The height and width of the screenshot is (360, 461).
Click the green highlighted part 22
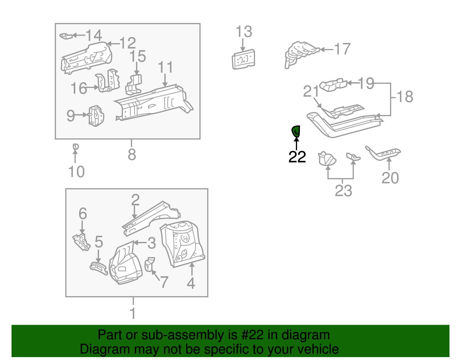(x=296, y=131)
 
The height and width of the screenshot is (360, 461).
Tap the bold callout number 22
(x=297, y=157)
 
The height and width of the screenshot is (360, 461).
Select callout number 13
(x=244, y=32)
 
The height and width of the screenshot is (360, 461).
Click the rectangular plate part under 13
(x=243, y=59)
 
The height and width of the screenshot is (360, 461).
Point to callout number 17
(x=342, y=49)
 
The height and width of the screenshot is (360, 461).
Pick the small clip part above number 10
(x=75, y=147)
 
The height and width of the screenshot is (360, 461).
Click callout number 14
(x=94, y=35)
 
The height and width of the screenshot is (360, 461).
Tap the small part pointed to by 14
(x=66, y=36)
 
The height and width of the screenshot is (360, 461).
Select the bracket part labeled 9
(x=96, y=116)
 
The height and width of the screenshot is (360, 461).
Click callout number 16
(x=79, y=88)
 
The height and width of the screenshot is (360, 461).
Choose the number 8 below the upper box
(x=132, y=154)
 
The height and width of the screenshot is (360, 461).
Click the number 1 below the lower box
(x=133, y=313)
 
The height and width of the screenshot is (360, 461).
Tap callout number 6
(x=83, y=213)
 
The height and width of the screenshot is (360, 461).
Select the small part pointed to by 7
(x=150, y=264)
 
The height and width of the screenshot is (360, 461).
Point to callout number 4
(x=191, y=283)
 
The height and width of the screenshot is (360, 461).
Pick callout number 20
(x=390, y=178)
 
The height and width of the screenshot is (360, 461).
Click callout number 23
(x=343, y=191)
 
